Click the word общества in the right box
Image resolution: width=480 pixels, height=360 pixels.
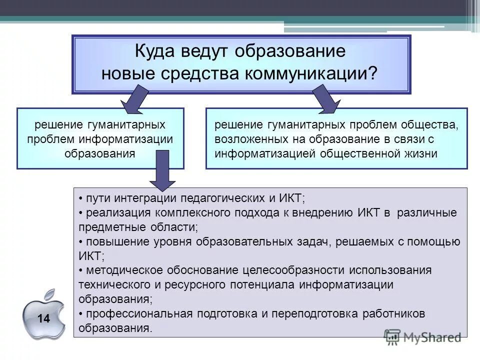[434, 124]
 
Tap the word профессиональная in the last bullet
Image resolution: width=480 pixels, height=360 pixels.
[138, 314]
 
